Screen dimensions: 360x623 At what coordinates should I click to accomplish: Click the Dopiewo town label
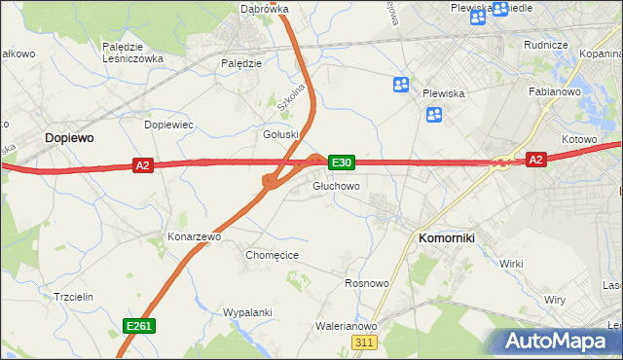pyautogui.click(x=68, y=139)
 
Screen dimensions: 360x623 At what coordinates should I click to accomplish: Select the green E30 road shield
pyautogui.click(x=341, y=162)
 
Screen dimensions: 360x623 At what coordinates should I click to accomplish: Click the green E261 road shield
pyautogui.click(x=138, y=326)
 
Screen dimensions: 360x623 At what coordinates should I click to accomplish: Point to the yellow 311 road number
pyautogui.click(x=365, y=342)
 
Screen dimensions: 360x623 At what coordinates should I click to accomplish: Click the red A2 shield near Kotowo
pyautogui.click(x=535, y=159)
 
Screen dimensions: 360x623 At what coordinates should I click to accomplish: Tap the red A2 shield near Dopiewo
pyautogui.click(x=143, y=166)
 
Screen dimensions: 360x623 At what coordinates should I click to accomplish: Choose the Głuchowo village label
pyautogui.click(x=337, y=186)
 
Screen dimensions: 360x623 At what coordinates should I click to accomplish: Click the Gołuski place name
pyautogui.click(x=279, y=134)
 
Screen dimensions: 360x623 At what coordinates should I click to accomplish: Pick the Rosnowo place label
pyautogui.click(x=367, y=283)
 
